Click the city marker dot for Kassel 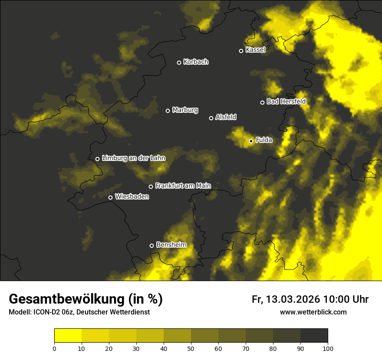click(241, 51)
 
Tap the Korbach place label click(196, 62)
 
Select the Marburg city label click(185, 110)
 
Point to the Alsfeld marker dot click(211, 118)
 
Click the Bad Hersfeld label click(286, 102)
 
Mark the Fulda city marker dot click(251, 141)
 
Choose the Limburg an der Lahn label click(133, 158)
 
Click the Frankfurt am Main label click(183, 186)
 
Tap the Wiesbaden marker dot click(111, 198)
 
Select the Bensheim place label click(171, 245)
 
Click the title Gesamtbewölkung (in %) click(86, 299)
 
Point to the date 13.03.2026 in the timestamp click(293, 299)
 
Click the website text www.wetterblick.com click(313, 312)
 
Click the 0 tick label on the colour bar click(54, 348)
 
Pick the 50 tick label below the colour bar click(191, 348)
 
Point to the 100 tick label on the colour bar click(328, 348)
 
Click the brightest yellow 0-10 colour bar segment click(68, 335)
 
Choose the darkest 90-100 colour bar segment click(314, 335)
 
